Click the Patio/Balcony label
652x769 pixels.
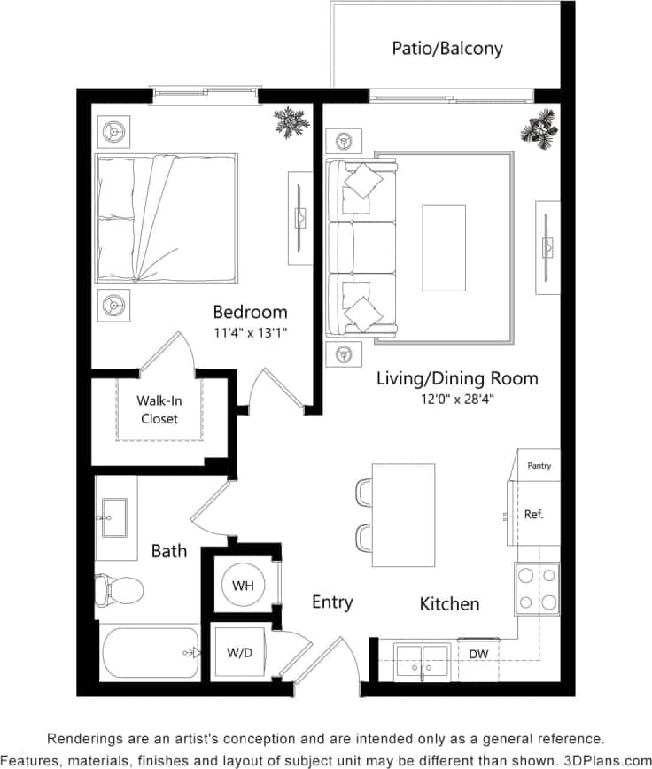446,48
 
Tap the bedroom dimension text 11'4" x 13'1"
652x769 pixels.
251,333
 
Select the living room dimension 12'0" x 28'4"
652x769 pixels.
457,400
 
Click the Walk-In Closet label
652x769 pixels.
159,409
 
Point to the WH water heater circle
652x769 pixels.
244,586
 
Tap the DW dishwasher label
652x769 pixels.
477,654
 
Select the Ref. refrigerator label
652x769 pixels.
533,514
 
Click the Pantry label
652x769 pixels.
539,465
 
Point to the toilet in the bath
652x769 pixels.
120,589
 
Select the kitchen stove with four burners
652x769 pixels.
537,588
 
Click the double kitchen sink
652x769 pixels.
422,660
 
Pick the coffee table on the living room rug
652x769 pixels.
443,247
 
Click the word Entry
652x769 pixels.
332,602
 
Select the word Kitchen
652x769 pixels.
449,604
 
